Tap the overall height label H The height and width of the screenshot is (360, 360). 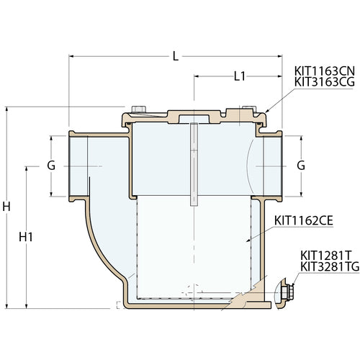coord(6,207)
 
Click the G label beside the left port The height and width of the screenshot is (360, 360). coord(50,165)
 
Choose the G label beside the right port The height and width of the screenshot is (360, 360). coord(301,165)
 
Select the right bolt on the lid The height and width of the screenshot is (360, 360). coord(250,110)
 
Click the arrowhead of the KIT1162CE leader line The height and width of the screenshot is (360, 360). coord(248,238)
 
